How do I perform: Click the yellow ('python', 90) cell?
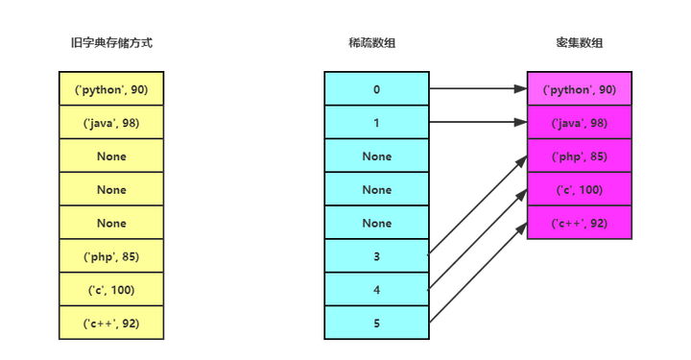pyautogui.click(x=111, y=89)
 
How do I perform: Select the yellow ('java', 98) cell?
pyautogui.click(x=111, y=123)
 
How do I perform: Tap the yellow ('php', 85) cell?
pyautogui.click(x=111, y=256)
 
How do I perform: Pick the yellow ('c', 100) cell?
pyautogui.click(x=111, y=290)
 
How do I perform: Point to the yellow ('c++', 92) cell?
pyautogui.click(x=111, y=324)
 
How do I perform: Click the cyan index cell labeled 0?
pyautogui.click(x=377, y=89)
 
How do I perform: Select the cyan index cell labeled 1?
pyautogui.click(x=377, y=123)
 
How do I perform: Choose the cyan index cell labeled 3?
pyautogui.click(x=377, y=256)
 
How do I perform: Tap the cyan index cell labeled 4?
pyautogui.click(x=377, y=290)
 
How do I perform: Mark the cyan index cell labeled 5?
pyautogui.click(x=377, y=324)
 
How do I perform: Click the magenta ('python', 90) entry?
pyautogui.click(x=579, y=89)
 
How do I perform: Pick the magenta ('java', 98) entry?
pyautogui.click(x=579, y=123)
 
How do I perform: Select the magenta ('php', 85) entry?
pyautogui.click(x=579, y=156)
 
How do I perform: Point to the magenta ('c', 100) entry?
pyautogui.click(x=579, y=190)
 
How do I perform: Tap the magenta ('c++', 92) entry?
pyautogui.click(x=579, y=223)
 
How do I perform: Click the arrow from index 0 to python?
pyautogui.click(x=477, y=89)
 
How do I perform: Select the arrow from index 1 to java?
pyautogui.click(x=477, y=123)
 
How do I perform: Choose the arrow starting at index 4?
pyautogui.click(x=477, y=239)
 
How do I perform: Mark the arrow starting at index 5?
pyautogui.click(x=477, y=273)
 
